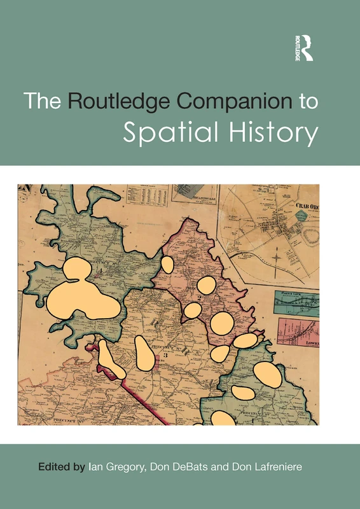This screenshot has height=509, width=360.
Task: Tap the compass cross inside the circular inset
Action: tap(275, 258)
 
